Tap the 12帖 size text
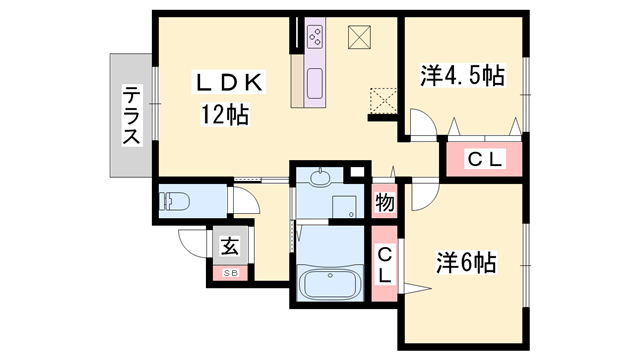pos(223,114)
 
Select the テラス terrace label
pos(131,116)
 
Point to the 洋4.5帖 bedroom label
pos(461,75)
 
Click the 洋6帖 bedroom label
pos(465,263)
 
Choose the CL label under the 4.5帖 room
pos(485,158)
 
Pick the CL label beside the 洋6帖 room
pos(385,264)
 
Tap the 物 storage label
pos(384,203)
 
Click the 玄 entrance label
pos(230,245)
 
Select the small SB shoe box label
pos(230,273)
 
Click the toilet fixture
pos(173,201)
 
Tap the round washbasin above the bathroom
pos(320,178)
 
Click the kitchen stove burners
pos(315,38)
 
